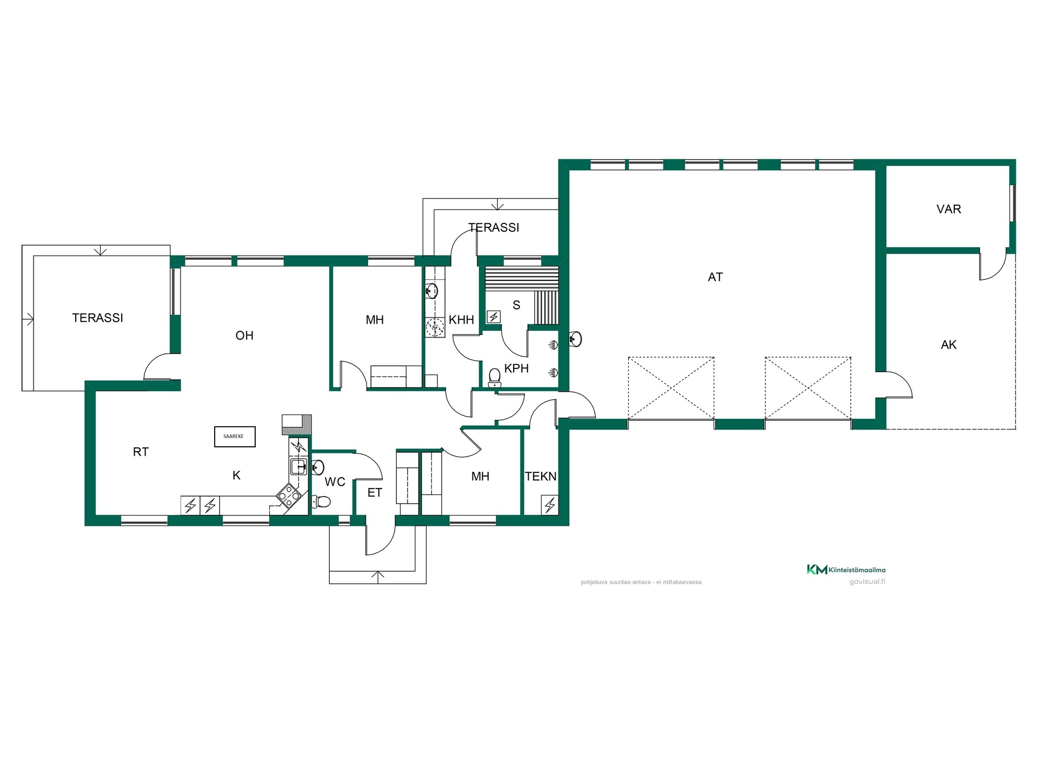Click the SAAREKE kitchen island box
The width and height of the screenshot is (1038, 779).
coord(235,437)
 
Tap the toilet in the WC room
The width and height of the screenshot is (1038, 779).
coord(322,501)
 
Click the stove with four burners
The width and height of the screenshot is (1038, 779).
coord(289,495)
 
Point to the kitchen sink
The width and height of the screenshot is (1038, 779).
coord(298,466)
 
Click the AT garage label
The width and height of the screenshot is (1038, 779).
coord(715,277)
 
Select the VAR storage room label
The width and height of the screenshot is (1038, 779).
coord(949,209)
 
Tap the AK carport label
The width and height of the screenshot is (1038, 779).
coord(949,345)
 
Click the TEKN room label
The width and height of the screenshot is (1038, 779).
coord(541,477)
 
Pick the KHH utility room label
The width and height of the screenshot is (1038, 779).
coord(461,320)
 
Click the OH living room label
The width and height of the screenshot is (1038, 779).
coord(244,335)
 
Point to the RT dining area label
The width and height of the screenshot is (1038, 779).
coord(141,452)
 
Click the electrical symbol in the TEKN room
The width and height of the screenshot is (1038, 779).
coord(550,505)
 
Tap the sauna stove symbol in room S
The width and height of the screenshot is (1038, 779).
coord(494,316)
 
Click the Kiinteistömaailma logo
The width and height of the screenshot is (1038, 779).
coord(846,569)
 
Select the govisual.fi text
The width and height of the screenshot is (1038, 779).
coord(867,582)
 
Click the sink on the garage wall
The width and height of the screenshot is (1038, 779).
coord(576,339)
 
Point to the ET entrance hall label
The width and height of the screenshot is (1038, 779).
coord(375,493)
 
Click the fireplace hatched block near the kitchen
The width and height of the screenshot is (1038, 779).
coord(297,424)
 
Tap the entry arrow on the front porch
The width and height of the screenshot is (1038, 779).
coord(378,576)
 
